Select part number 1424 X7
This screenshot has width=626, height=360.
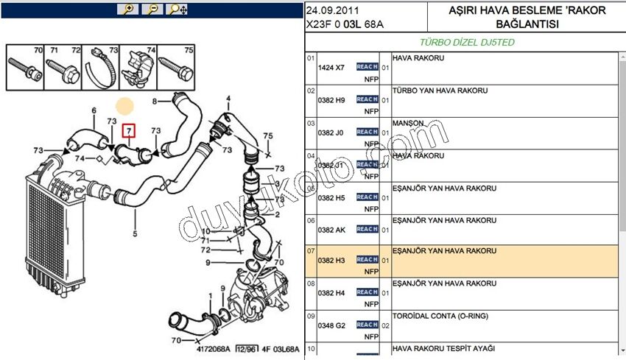[331, 68]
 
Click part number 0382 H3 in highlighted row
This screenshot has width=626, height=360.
[331, 261]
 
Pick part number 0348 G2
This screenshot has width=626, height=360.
[331, 325]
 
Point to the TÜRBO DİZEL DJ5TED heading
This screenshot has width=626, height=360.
[467, 43]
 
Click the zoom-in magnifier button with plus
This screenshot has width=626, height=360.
[128, 9]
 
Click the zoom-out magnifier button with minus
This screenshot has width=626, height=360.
[152, 9]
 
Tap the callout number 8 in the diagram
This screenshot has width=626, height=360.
[155, 101]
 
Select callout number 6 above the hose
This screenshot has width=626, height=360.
[94, 111]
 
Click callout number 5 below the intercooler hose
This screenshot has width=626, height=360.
[134, 235]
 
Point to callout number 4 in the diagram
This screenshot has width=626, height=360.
[228, 98]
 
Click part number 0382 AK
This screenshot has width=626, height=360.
[331, 229]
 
